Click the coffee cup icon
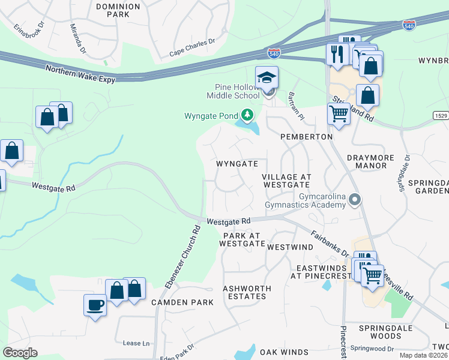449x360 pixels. pyautogui.click(x=95, y=305)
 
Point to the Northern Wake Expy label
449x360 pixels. pyautogui.click(x=80, y=74)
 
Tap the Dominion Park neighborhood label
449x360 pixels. pyautogui.click(x=118, y=11)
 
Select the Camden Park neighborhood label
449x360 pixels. pyautogui.click(x=182, y=302)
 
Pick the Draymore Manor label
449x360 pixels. pyautogui.click(x=370, y=161)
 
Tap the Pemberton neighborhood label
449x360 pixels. pyautogui.click(x=307, y=137)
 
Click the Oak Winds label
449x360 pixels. pyautogui.click(x=284, y=352)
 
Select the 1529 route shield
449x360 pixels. pyautogui.click(x=439, y=114)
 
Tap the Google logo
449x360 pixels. pyautogui.click(x=20, y=353)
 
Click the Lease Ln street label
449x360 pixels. pyautogui.click(x=136, y=343)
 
